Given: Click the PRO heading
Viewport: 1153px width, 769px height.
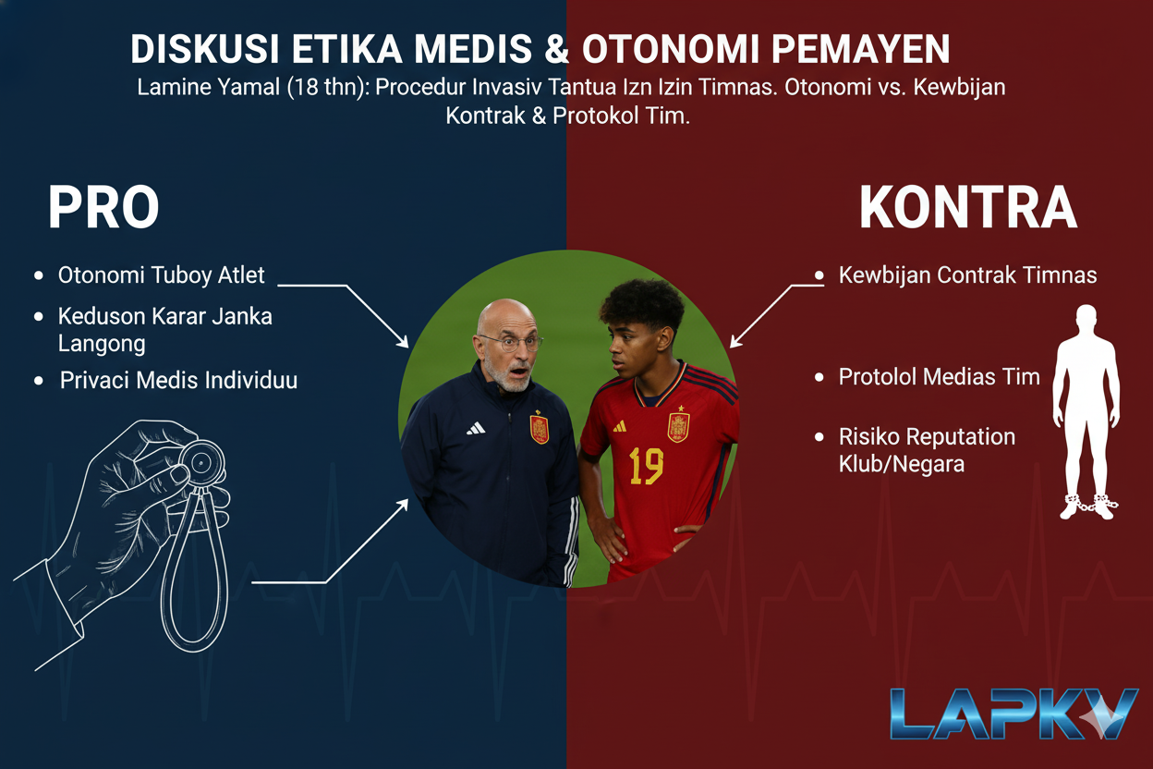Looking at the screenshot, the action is [x=103, y=207].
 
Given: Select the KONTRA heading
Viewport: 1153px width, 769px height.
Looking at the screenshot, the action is [x=968, y=207].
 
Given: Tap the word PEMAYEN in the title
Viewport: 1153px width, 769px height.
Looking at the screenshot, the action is [x=861, y=49].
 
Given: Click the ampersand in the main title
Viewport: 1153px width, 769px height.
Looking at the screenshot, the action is [x=556, y=49].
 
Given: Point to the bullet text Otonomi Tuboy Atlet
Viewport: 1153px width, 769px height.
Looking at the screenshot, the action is [x=161, y=275].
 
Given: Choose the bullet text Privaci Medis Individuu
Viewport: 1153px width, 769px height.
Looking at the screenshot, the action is [x=178, y=380].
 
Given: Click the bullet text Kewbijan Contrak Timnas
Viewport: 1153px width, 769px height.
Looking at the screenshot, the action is [x=967, y=275].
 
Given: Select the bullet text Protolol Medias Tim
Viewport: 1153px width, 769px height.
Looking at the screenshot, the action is [x=940, y=377].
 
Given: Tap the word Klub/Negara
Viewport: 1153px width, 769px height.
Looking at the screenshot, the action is [x=902, y=464].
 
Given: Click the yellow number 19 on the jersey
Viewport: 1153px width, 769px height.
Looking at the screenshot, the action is [x=646, y=466].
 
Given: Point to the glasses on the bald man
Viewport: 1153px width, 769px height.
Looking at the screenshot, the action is [x=510, y=343].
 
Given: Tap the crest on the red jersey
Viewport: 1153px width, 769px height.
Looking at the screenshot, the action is [x=678, y=424].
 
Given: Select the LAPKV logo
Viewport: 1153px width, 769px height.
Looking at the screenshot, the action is [x=1014, y=714].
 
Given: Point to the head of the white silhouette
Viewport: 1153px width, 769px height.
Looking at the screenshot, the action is [x=1086, y=320].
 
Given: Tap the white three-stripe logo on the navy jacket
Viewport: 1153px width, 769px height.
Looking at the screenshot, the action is [x=476, y=428].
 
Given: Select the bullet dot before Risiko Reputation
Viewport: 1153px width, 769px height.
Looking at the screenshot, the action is [x=819, y=437].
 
